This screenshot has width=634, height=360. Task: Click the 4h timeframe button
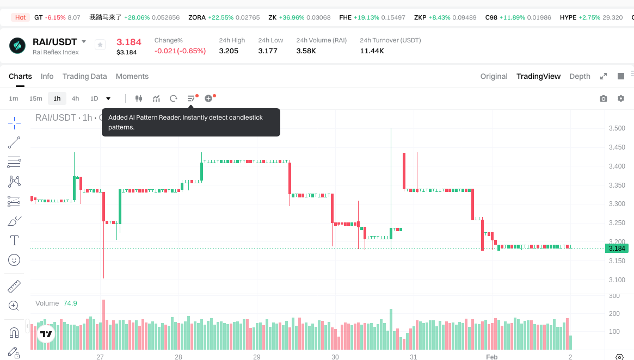75,98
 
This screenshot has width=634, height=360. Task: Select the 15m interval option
35,98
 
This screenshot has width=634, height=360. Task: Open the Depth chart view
580,76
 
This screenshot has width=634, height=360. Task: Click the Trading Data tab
84,76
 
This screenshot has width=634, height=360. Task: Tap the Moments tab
132,76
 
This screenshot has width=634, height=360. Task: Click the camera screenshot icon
604,98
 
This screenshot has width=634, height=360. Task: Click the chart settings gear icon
621,98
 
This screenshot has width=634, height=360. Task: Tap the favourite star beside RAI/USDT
100,45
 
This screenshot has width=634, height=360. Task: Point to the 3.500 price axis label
617,128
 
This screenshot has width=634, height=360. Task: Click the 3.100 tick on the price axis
617,280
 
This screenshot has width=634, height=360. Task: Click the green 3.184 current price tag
617,249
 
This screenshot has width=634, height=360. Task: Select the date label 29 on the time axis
257,357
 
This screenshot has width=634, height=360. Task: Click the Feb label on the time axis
491,357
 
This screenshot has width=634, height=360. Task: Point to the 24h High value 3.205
229,51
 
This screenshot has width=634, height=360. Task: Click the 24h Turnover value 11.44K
372,51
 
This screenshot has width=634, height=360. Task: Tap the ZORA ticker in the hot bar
197,17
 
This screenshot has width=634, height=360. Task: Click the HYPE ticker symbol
568,17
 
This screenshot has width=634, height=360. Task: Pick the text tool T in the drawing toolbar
14,240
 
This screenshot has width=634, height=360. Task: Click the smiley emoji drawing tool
14,260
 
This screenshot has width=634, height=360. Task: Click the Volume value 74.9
70,303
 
